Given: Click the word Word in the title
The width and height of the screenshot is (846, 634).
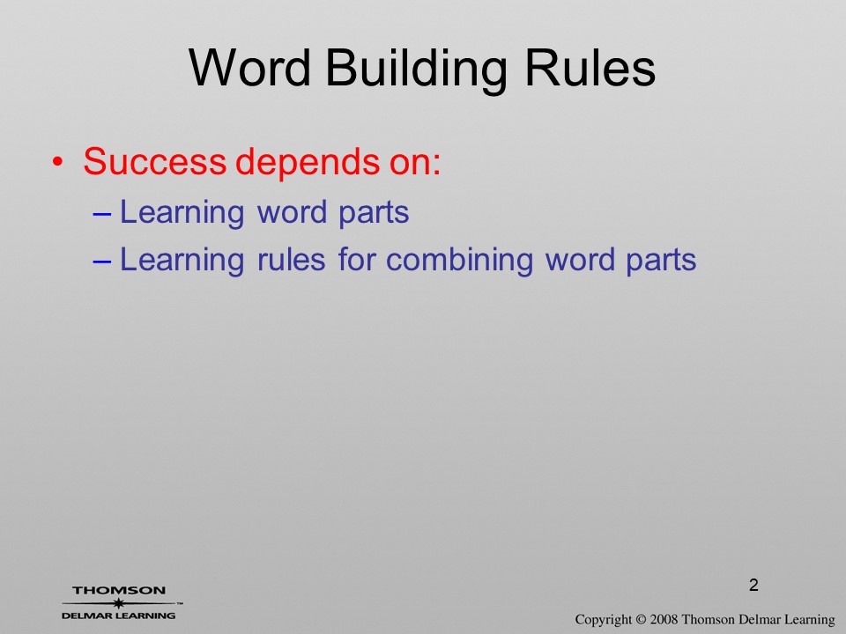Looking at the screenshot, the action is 249,68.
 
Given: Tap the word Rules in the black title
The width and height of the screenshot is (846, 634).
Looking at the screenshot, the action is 590,68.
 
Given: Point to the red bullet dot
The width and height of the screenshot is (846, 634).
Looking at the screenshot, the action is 58,162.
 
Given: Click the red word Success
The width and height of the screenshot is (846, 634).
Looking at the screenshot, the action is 154,160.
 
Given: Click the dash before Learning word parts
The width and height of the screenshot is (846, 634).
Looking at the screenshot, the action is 102,214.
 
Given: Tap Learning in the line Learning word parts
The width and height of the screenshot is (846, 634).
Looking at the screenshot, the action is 182,212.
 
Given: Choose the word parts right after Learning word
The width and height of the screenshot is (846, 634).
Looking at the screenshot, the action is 374,213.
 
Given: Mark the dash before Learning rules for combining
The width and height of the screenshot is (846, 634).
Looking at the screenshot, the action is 102,262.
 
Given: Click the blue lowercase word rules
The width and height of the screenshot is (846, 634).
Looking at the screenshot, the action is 291,259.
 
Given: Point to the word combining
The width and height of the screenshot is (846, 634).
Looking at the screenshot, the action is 459,261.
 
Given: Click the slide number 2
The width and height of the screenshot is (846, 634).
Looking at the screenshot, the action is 753,585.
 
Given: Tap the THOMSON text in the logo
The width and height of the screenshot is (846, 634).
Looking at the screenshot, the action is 119,590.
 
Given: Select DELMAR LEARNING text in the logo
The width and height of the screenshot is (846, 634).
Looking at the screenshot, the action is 119,616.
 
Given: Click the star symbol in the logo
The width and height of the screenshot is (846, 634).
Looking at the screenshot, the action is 118,603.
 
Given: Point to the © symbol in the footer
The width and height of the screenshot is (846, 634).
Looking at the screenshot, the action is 641,619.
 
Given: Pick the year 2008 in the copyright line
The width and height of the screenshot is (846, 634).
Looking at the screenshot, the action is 664,619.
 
